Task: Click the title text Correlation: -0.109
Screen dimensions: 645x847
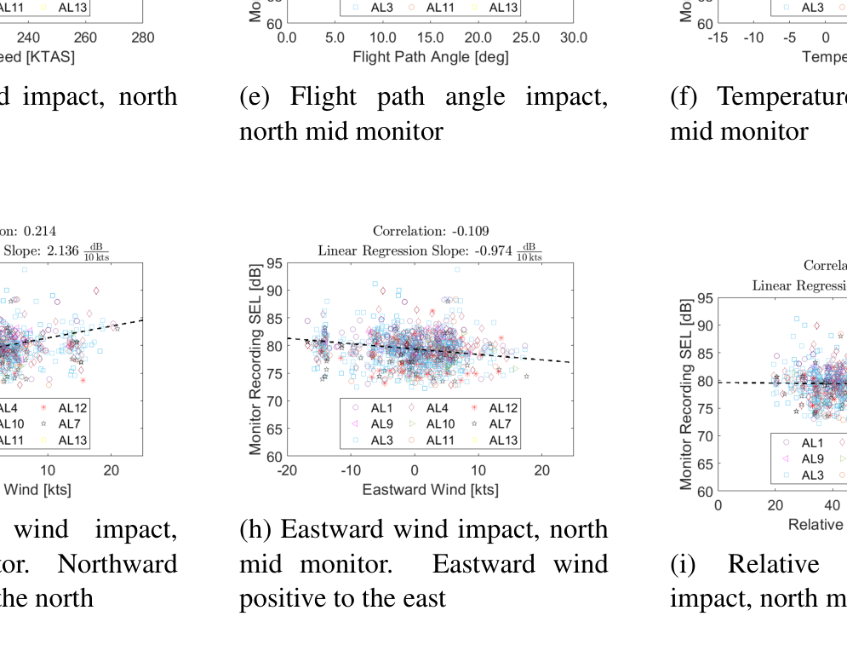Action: click(431, 231)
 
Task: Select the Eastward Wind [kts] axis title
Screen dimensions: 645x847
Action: click(430, 490)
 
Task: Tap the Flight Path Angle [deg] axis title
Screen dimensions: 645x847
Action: click(430, 57)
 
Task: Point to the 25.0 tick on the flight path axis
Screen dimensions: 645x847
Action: click(526, 37)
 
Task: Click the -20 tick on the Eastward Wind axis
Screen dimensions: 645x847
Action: click(287, 470)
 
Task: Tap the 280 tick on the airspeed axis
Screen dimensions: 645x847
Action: click(143, 37)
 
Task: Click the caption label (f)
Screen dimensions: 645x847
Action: click(683, 97)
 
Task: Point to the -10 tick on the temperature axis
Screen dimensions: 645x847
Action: click(753, 37)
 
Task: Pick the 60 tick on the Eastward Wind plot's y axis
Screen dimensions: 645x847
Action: click(274, 457)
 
